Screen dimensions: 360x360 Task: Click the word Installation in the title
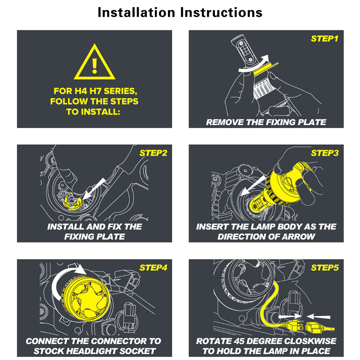pyautogui.click(x=136, y=12)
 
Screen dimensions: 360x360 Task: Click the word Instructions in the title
pyautogui.click(x=221, y=12)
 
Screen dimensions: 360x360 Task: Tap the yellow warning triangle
pyautogui.click(x=94, y=62)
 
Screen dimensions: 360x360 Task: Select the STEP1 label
pyautogui.click(x=324, y=39)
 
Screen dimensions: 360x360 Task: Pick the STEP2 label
pyautogui.click(x=153, y=153)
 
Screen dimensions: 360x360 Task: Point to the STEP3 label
pyautogui.click(x=325, y=153)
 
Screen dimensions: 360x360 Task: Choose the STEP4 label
pyautogui.click(x=153, y=267)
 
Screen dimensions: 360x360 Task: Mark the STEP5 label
pyautogui.click(x=325, y=267)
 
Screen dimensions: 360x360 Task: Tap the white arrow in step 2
pyautogui.click(x=94, y=189)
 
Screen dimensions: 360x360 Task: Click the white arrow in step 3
pyautogui.click(x=254, y=186)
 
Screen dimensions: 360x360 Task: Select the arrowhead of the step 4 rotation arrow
pyautogui.click(x=81, y=269)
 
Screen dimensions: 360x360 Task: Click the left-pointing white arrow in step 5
pyautogui.click(x=318, y=317)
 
